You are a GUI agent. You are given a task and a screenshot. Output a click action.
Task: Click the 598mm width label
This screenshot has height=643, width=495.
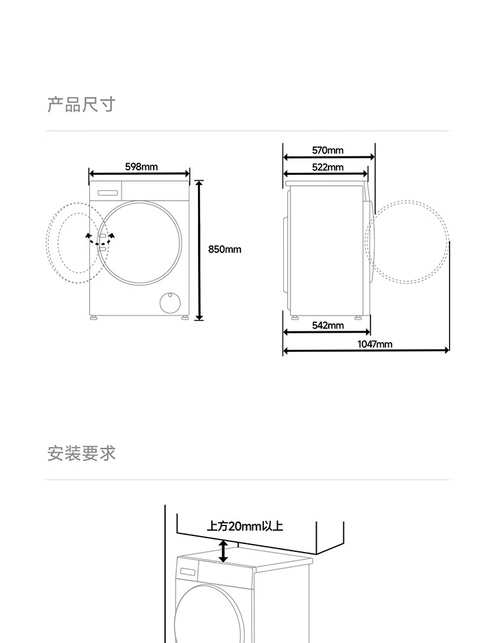[141, 166]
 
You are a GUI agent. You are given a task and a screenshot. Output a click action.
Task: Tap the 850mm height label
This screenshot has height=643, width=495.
[224, 249]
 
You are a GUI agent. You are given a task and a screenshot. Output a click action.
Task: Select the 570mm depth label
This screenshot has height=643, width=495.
[327, 151]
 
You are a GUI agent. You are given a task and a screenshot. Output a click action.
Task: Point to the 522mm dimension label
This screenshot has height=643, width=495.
[327, 167]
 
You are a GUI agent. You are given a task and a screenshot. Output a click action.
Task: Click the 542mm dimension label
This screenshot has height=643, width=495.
[327, 325]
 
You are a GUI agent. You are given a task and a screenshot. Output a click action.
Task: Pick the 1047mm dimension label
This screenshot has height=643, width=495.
[374, 344]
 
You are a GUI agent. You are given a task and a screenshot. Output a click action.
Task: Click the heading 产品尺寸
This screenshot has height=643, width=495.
[81, 104]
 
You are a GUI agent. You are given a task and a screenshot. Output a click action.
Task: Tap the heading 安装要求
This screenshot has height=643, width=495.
[81, 454]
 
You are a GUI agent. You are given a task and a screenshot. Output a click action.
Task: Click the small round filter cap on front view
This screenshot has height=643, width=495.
[170, 302]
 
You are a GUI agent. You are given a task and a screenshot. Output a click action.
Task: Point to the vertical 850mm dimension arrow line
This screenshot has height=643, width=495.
[199, 250]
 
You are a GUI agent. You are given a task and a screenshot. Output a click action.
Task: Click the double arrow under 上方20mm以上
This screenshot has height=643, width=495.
[224, 551]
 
